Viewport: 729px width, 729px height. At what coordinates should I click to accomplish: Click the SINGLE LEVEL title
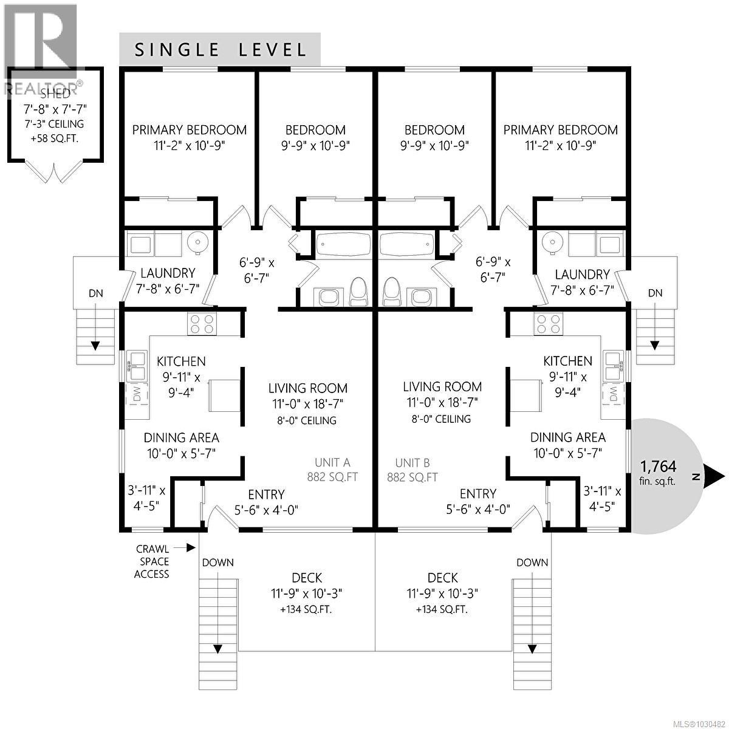[x=221, y=50]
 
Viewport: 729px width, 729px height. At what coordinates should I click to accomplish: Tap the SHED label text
[x=55, y=94]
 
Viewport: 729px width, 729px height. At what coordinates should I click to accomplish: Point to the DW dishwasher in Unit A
[x=135, y=395]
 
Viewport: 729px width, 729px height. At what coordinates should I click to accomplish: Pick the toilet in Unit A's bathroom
[x=359, y=292]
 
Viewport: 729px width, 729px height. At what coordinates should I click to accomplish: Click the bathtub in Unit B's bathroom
[x=406, y=244]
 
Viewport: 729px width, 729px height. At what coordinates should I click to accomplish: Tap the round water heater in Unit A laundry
[x=197, y=243]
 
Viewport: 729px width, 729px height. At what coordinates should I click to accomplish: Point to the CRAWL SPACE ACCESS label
[x=152, y=561]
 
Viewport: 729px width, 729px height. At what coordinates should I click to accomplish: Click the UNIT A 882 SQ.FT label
[x=332, y=469]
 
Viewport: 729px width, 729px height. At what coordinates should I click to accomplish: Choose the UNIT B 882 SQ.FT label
[x=412, y=469]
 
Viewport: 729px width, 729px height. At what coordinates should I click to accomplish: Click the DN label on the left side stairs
[x=96, y=293]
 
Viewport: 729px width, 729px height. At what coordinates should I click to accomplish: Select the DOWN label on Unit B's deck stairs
[x=532, y=563]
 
